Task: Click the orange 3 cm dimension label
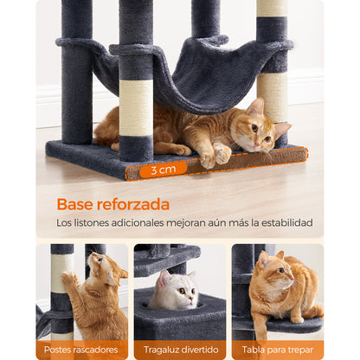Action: (x=164, y=170)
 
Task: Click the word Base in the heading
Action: (x=75, y=204)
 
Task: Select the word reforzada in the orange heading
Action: (x=133, y=204)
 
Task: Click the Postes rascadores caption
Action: (x=81, y=350)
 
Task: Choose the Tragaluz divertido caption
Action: (x=181, y=350)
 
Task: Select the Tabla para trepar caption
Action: (x=278, y=350)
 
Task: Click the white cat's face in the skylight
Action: (x=178, y=292)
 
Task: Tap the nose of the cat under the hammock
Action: (x=256, y=143)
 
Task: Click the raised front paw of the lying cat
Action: (x=222, y=154)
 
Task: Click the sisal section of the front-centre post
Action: (x=136, y=107)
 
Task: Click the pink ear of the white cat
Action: (x=165, y=278)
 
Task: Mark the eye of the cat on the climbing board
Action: (x=281, y=270)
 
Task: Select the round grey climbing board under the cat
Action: (x=292, y=325)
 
